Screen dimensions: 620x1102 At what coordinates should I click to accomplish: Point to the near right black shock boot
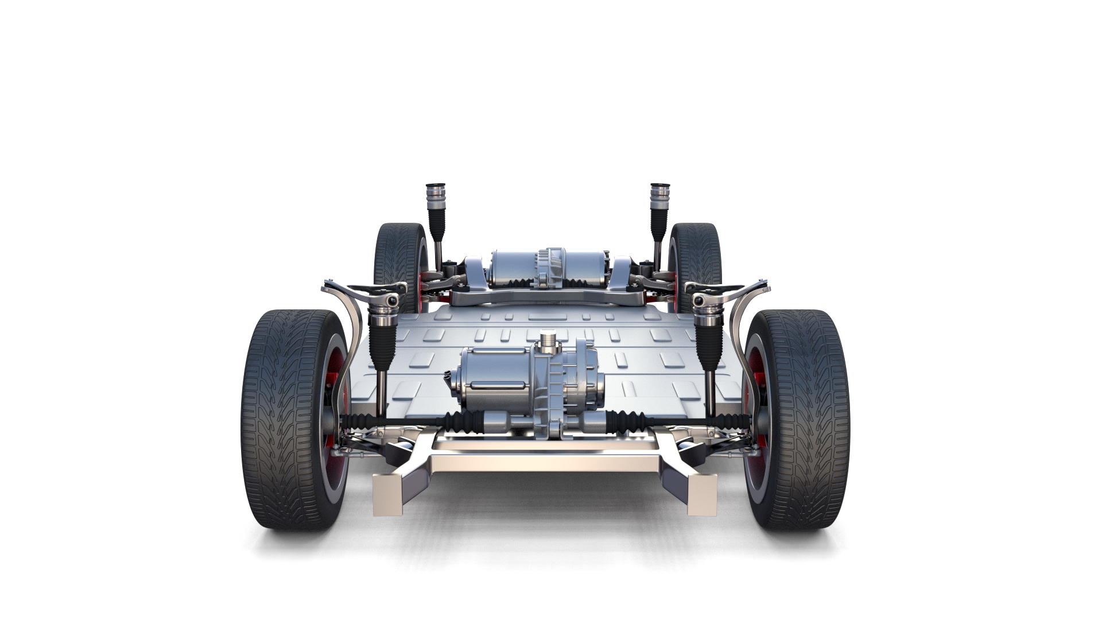710,344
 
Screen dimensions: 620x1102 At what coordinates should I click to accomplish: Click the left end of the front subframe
388,489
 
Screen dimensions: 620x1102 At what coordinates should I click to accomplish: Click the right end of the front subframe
701,489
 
